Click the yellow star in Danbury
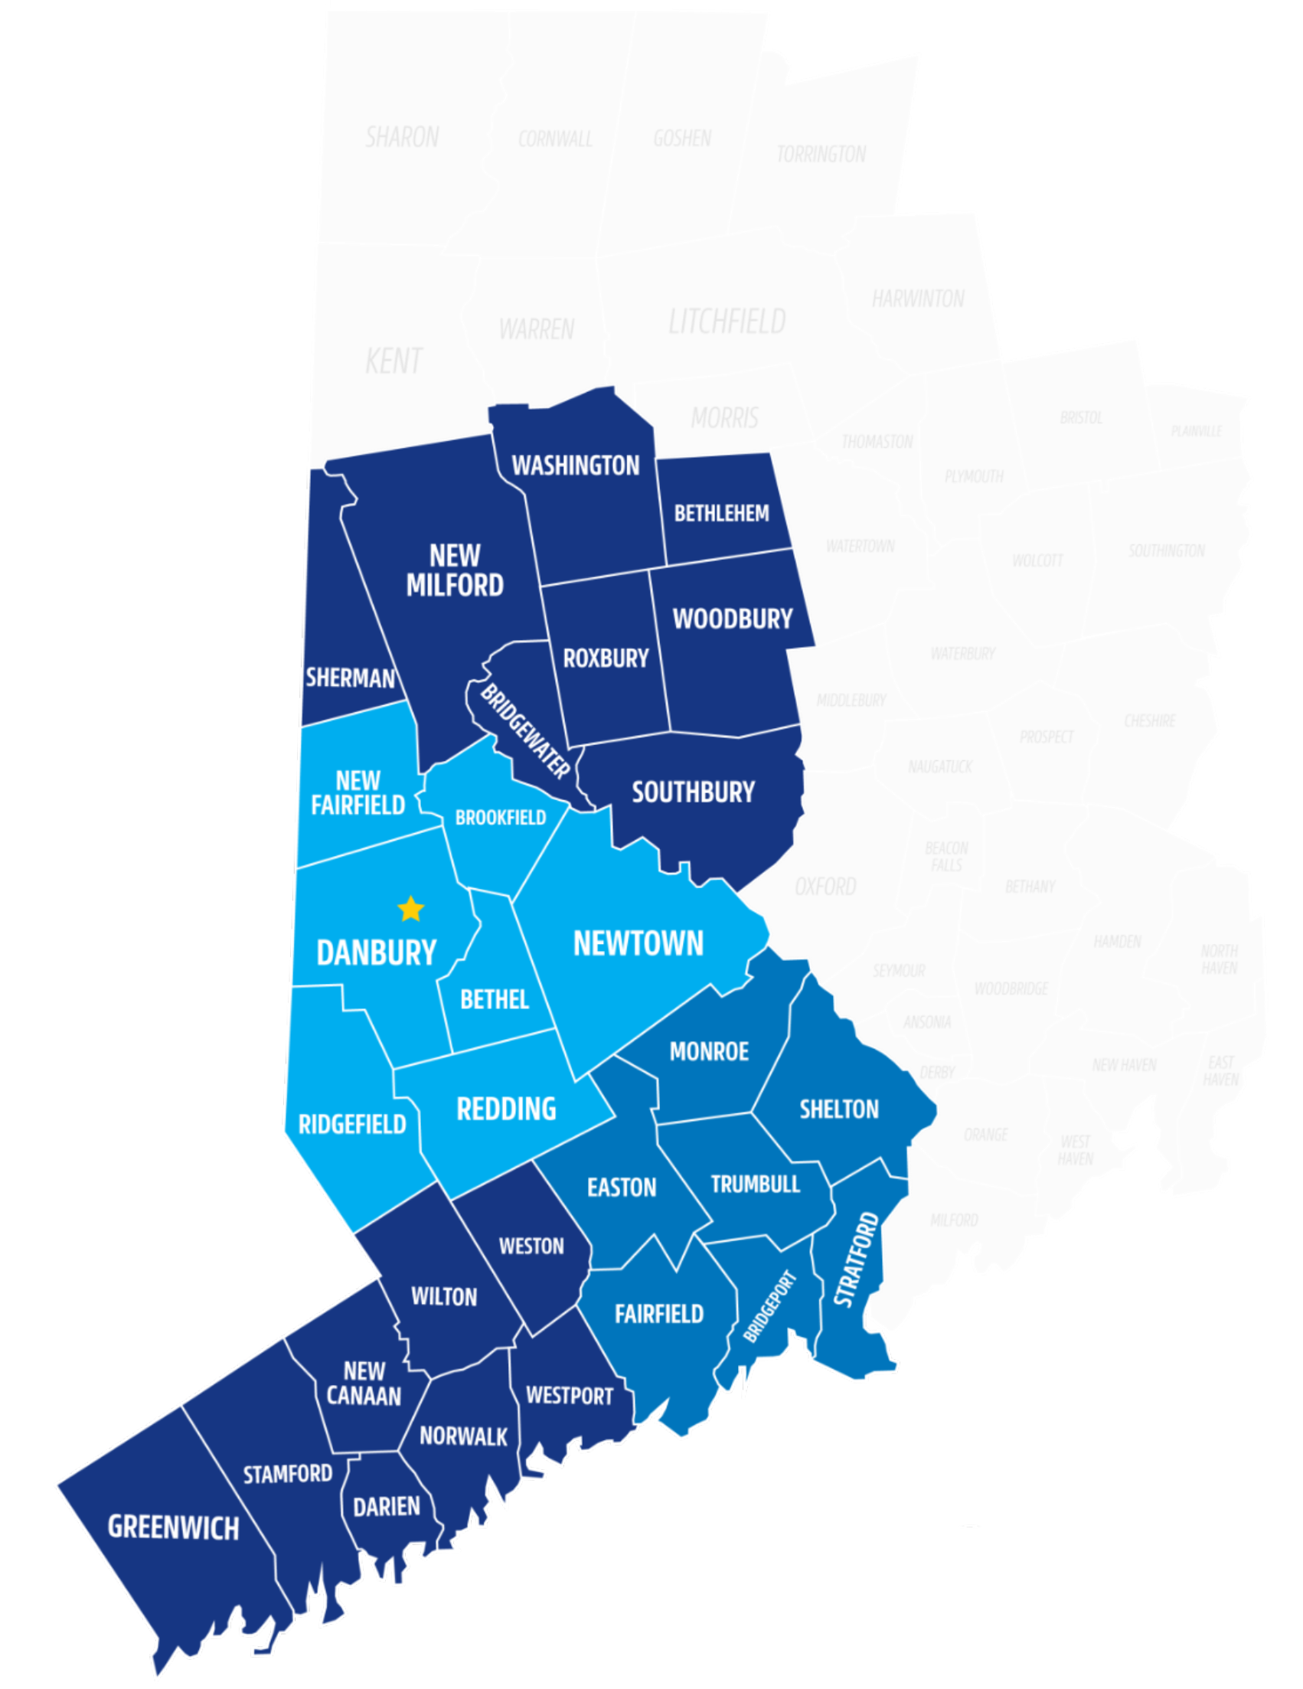click(410, 909)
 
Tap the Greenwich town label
click(173, 1527)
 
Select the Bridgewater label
click(525, 731)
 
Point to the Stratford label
click(857, 1259)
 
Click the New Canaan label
click(364, 1384)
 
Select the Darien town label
click(386, 1507)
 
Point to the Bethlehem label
click(721, 514)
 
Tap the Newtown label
click(638, 943)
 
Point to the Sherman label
click(350, 678)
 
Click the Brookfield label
click(501, 818)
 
